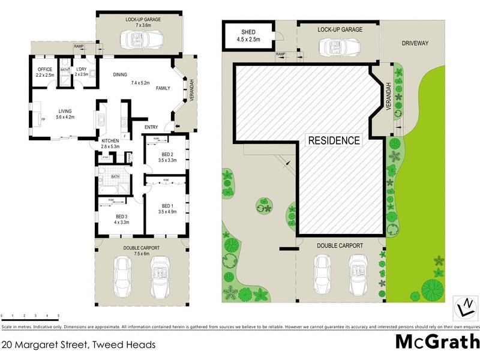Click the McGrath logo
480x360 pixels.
(x=437, y=342)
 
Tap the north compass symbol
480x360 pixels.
(x=463, y=307)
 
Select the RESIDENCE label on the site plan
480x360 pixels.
(x=334, y=141)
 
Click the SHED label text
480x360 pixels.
(x=248, y=32)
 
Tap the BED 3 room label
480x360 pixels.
(x=121, y=216)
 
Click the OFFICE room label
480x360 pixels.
(x=45, y=70)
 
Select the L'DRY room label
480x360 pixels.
(x=82, y=70)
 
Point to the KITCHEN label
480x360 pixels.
(x=111, y=141)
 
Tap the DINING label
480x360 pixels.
(x=120, y=74)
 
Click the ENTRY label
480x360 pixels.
(x=151, y=127)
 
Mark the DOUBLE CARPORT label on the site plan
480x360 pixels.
(x=340, y=246)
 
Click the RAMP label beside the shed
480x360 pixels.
(x=280, y=53)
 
